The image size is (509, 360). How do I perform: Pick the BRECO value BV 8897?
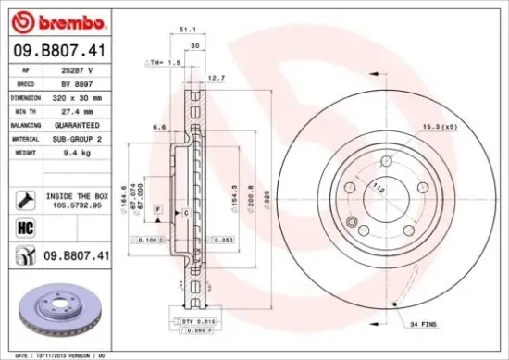[x=78, y=83]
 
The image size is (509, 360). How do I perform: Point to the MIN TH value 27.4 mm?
[x=78, y=109]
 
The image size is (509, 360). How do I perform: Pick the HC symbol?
[x=24, y=227]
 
